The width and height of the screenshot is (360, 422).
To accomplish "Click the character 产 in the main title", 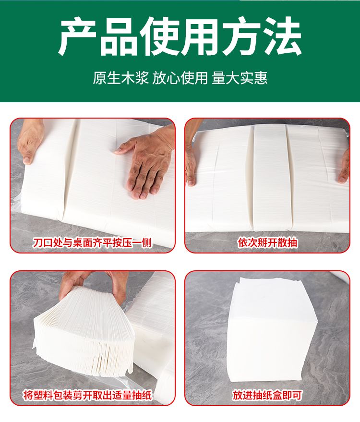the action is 77,36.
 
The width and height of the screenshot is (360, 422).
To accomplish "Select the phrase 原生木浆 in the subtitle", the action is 121,78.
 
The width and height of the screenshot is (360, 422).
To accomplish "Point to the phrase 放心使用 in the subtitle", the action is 180,78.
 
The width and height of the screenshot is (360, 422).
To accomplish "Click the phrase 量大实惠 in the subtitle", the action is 240,78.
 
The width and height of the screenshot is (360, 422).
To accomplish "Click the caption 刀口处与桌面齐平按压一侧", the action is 92,242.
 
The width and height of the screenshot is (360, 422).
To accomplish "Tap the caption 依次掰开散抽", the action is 267,242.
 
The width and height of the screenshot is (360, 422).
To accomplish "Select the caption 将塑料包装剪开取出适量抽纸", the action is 88,395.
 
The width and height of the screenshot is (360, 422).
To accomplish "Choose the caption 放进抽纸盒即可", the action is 267,395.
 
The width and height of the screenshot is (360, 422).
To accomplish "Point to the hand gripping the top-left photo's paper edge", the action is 30,141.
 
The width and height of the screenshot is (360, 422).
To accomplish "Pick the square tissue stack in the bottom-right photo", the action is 272,330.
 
